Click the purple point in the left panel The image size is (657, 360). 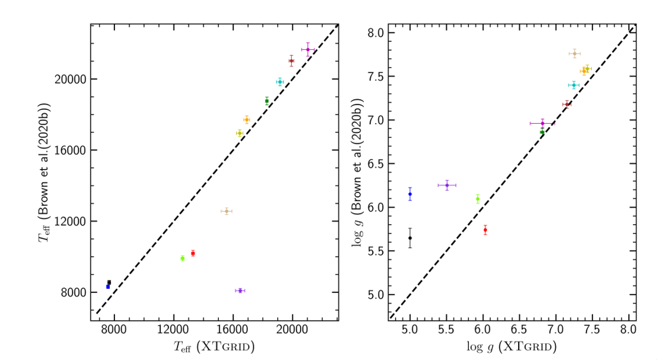coord(239,290)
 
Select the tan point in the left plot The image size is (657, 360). coord(227,211)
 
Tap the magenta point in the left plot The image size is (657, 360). coord(308,49)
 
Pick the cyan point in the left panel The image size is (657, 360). coord(280,82)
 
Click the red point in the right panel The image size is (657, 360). coord(485,230)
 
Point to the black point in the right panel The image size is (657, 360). coord(410,238)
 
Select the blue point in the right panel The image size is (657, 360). coord(410,194)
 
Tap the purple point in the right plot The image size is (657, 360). coord(447,185)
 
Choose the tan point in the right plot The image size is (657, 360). coord(574,53)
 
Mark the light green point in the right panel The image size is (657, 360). coord(477,198)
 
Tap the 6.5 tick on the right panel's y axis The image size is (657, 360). coord(388,164)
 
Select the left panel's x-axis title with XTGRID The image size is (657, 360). coord(213,347)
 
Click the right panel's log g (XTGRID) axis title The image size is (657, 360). coord(512,347)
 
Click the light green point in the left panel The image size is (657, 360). coord(182,258)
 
